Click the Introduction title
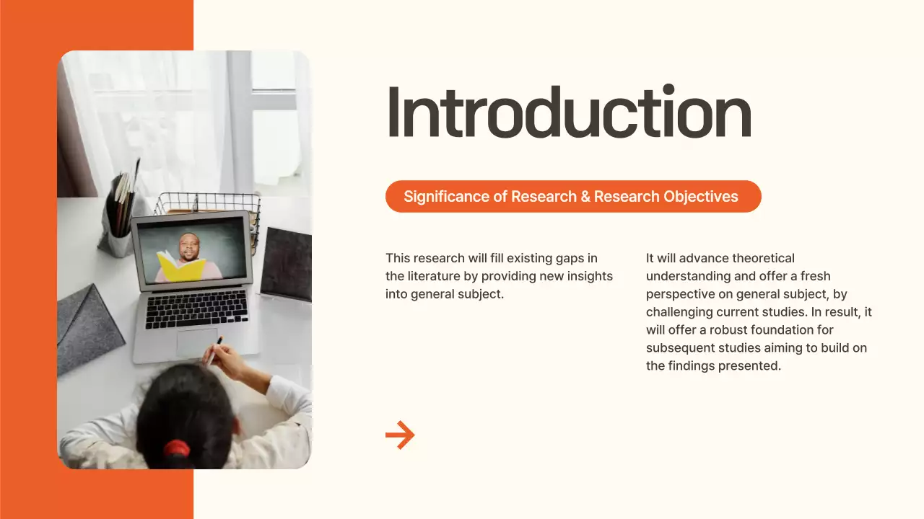569,113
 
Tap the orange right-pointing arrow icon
400,435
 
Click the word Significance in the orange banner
445,197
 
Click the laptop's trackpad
197,342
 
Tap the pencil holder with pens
119,216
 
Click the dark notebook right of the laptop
287,264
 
